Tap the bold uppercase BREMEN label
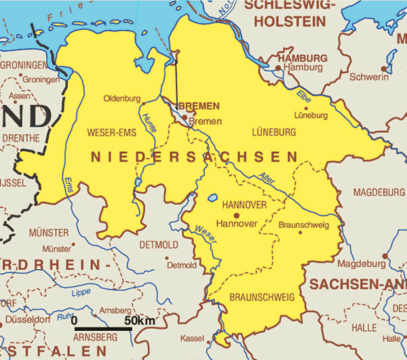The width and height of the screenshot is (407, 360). point(198,106)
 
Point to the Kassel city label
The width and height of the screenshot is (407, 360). point(193,338)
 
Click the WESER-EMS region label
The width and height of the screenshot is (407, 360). point(112,132)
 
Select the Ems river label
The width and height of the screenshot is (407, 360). point(68,186)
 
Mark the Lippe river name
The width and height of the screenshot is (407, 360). point(80,292)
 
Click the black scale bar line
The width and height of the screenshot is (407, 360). point(102,329)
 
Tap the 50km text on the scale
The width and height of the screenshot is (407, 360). point(139,320)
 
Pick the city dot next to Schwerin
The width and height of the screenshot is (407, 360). point(384,68)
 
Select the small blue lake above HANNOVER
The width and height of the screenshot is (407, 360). point(212,199)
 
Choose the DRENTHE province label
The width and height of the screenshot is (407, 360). point(20,138)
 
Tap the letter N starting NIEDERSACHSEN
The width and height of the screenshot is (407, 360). point(96,157)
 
